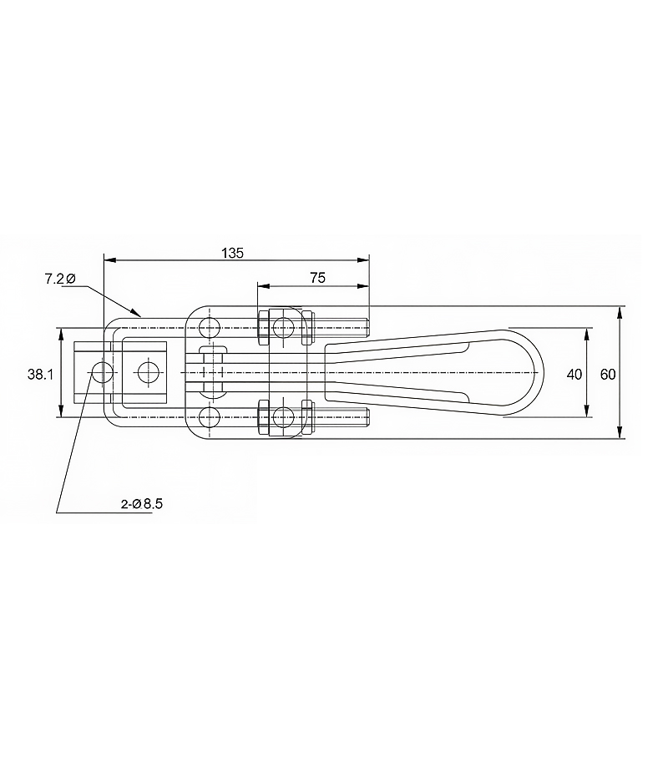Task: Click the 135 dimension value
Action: [232, 253]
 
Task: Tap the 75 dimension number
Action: [318, 278]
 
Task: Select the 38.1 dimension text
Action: [40, 375]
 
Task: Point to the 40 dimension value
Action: [574, 375]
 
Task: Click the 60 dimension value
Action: [608, 375]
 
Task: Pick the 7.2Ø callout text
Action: [60, 280]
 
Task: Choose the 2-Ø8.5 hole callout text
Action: [142, 504]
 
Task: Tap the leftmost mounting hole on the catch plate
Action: [102, 371]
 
